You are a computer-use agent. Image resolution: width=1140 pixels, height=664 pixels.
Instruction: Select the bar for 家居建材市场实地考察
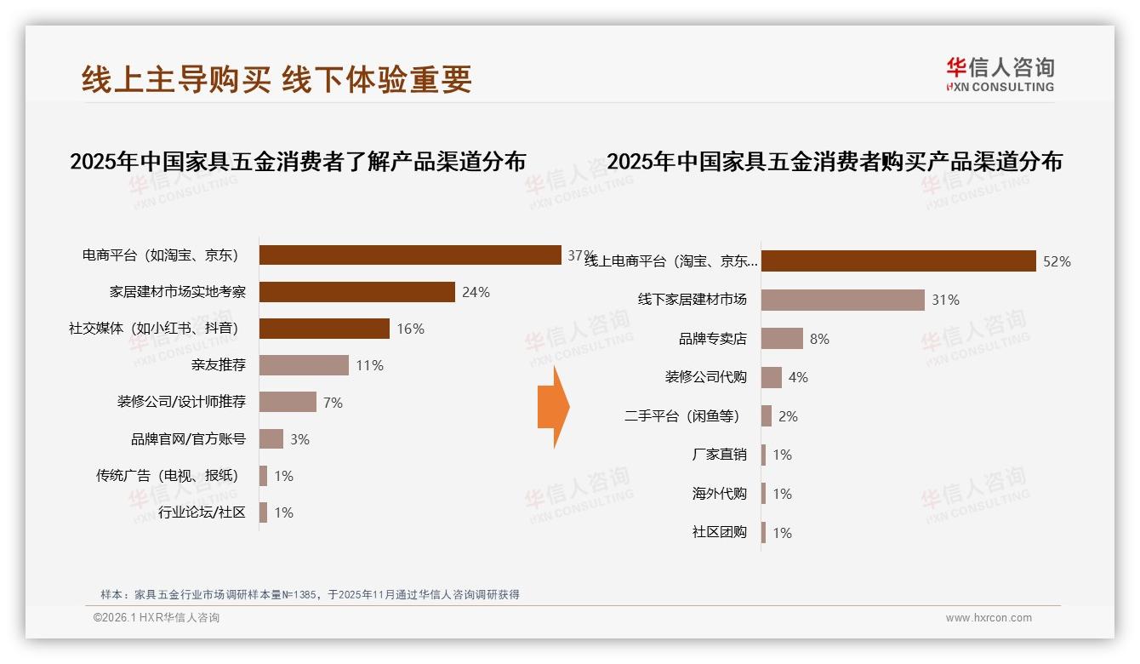pyautogui.click(x=357, y=292)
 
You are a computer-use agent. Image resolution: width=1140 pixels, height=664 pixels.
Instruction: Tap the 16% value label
pyautogui.click(x=410, y=329)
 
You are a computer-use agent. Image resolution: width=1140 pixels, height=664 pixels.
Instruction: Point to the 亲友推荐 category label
pyautogui.click(x=219, y=365)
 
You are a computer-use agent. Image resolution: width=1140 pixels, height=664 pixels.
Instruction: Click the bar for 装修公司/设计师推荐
pyautogui.click(x=288, y=402)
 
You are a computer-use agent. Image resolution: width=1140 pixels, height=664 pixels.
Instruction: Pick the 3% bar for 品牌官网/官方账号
pyautogui.click(x=271, y=438)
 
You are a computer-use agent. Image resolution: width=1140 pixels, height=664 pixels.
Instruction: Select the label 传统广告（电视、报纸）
pyautogui.click(x=168, y=475)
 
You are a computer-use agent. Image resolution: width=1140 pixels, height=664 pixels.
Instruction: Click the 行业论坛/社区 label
pyautogui.click(x=202, y=512)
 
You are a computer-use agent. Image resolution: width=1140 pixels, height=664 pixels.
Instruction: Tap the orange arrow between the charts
pyautogui.click(x=553, y=406)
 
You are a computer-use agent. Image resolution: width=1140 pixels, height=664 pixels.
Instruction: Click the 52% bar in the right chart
pyautogui.click(x=898, y=261)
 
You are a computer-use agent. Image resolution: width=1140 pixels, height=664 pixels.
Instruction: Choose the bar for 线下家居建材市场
pyautogui.click(x=842, y=300)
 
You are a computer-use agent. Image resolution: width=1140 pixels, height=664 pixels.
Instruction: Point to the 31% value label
pyautogui.click(x=946, y=300)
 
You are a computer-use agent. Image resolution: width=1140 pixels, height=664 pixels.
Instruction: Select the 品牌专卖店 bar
pyautogui.click(x=782, y=338)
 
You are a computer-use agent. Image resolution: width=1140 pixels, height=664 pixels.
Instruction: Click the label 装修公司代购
pyautogui.click(x=705, y=376)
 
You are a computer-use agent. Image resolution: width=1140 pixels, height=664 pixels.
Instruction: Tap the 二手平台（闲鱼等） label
pyautogui.click(x=682, y=415)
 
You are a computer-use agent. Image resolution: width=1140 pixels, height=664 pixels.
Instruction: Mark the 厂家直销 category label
pyautogui.click(x=719, y=454)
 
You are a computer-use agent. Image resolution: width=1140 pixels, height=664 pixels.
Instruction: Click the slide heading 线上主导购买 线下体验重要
pyautogui.click(x=276, y=79)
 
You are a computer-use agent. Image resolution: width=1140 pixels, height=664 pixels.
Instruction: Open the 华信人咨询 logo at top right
pyautogui.click(x=1000, y=75)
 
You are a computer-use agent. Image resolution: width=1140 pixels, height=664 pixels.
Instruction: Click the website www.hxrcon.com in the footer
pyautogui.click(x=989, y=618)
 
